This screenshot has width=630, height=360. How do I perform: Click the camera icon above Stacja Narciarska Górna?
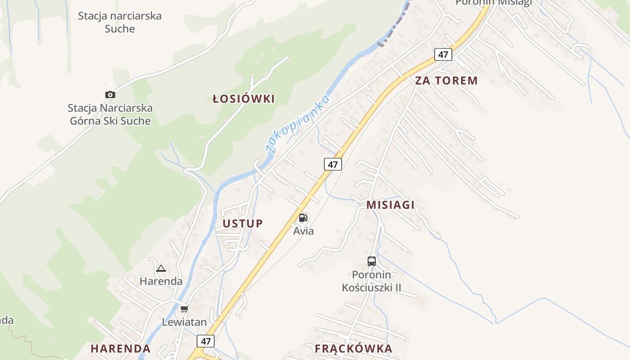(x=110, y=94)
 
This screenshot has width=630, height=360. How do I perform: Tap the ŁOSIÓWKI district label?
(x=243, y=99)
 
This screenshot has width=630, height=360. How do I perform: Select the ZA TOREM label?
(x=446, y=81)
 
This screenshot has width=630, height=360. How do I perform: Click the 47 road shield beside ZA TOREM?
(x=443, y=54)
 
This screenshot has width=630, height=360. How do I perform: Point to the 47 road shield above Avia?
(x=333, y=164)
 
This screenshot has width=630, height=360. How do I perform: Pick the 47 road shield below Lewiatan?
(x=206, y=341)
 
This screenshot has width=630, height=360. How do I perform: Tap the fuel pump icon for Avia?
(x=303, y=218)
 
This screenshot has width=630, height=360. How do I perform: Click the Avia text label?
(x=303, y=231)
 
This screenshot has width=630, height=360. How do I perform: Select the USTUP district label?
(x=243, y=224)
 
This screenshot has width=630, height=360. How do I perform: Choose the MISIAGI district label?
(x=390, y=205)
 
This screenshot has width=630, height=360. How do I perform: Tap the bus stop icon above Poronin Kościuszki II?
(x=372, y=261)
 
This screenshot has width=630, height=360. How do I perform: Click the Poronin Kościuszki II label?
(x=372, y=281)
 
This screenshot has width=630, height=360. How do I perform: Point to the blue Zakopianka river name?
(x=298, y=124)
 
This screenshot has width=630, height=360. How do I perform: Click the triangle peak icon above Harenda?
(x=161, y=269)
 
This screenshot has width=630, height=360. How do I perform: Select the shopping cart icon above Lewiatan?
(x=184, y=309)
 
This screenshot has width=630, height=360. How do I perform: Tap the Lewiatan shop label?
(x=184, y=322)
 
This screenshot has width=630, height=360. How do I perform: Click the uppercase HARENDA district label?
(x=121, y=348)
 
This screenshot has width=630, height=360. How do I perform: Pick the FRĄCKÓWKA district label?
(x=353, y=348)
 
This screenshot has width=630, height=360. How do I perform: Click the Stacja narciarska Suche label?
(x=120, y=22)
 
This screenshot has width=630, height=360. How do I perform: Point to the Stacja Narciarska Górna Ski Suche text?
(x=110, y=114)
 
